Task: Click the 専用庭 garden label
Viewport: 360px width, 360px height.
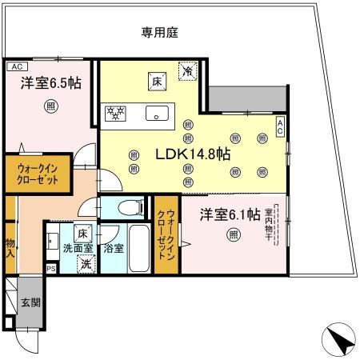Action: [x=160, y=33]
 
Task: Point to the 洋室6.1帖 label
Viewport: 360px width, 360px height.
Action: [x=230, y=214]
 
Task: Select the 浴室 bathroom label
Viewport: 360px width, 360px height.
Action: [x=113, y=249]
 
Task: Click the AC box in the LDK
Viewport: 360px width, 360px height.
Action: [x=280, y=126]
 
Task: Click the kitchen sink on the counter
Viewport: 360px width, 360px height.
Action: [x=157, y=114]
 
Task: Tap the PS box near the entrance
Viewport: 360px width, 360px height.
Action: [x=50, y=270]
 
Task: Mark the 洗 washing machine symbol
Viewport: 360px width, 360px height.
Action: [x=85, y=265]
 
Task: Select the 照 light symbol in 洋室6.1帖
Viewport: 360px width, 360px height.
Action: [x=233, y=234]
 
